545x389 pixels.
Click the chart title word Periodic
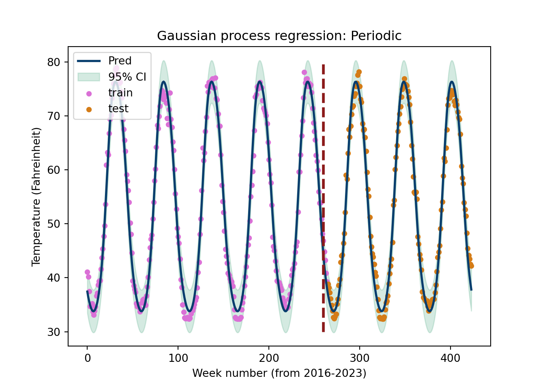tap(376, 36)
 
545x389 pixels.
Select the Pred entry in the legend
tap(120, 61)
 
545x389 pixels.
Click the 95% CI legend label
tap(127, 77)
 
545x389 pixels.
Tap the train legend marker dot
tap(89, 94)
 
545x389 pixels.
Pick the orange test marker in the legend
tap(89, 109)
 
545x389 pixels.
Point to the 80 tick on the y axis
tap(54, 62)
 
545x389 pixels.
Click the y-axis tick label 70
tap(54, 116)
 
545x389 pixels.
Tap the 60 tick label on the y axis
tap(54, 170)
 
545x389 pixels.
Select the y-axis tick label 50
tap(54, 224)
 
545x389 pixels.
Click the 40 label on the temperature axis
tap(54, 278)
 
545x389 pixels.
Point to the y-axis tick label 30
tap(54, 332)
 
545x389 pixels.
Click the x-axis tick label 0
tap(87, 358)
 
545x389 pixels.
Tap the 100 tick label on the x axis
tap(178, 358)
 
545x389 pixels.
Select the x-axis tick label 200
tap(269, 358)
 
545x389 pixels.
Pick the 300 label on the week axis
tap(360, 358)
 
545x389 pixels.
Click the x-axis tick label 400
tap(451, 358)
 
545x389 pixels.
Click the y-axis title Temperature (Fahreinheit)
tap(36, 197)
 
